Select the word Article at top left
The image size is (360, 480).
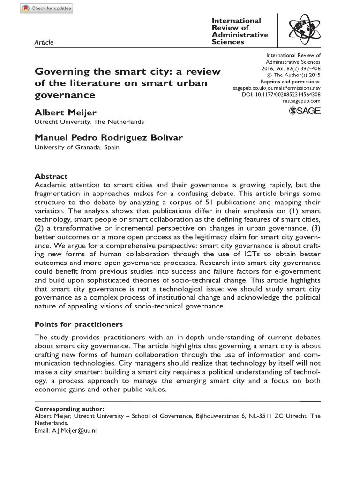pos(45,42)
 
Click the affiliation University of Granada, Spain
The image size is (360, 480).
pos(77,147)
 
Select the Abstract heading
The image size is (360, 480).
pos(51,177)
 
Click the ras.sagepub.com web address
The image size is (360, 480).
pos(301,101)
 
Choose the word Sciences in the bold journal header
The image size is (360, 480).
pos(228,42)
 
